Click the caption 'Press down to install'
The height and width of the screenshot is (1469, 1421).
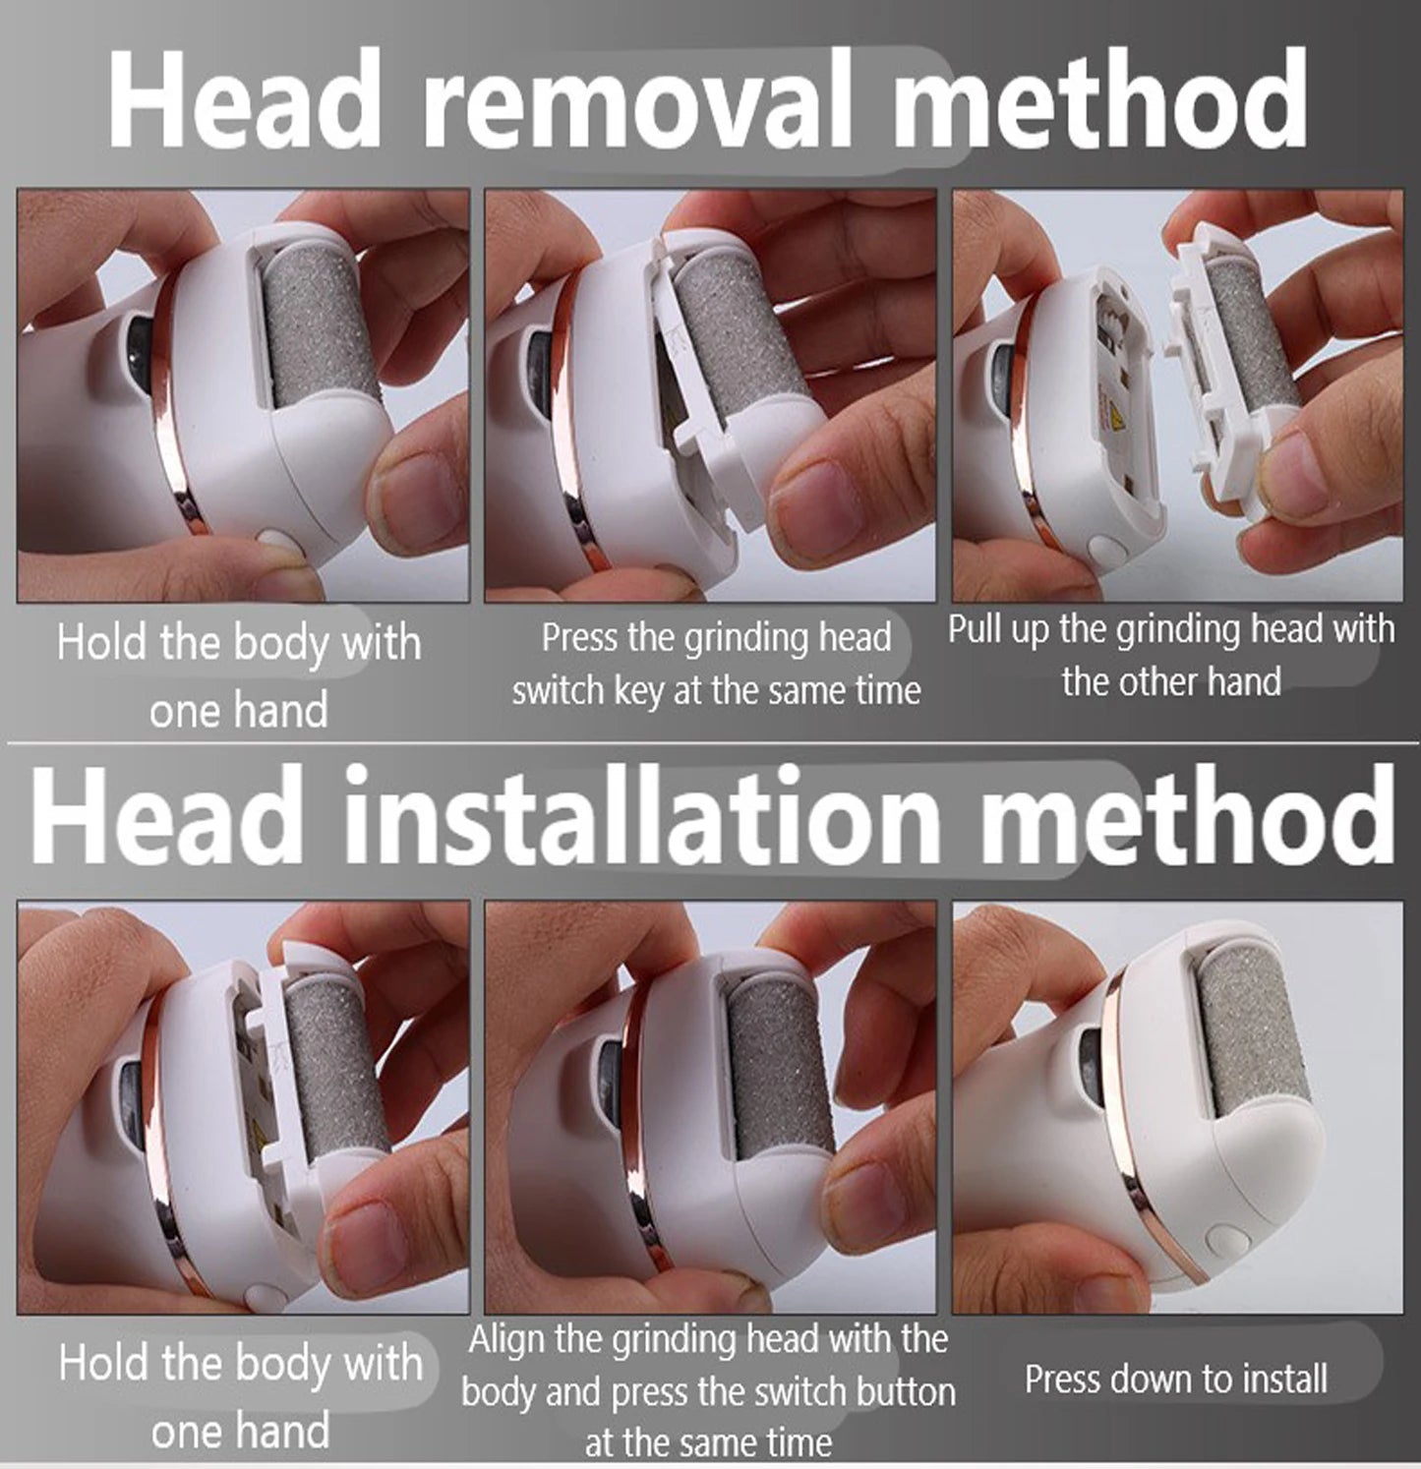point(1176,1379)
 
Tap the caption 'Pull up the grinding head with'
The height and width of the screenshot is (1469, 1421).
point(1171,629)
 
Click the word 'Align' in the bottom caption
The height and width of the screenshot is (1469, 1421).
point(507,1340)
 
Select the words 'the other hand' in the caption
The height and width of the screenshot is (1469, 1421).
point(1171,681)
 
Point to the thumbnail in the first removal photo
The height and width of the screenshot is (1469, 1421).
point(419,490)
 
